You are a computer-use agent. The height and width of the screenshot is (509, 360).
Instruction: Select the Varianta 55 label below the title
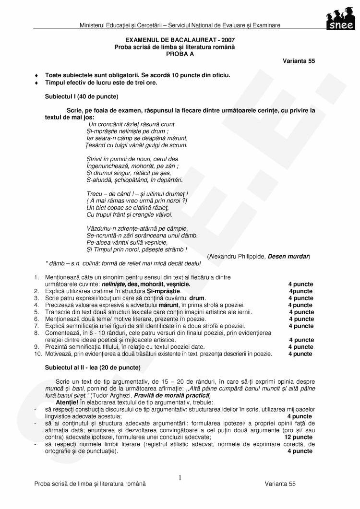coord(299,61)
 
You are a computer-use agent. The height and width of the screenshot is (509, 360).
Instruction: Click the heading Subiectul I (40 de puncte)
coord(82,96)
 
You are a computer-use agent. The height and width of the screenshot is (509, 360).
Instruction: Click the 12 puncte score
coord(298,438)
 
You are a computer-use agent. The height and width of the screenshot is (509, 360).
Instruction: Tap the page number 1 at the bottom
coord(180,477)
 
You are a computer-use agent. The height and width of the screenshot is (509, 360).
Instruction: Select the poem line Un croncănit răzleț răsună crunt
coord(132,124)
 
